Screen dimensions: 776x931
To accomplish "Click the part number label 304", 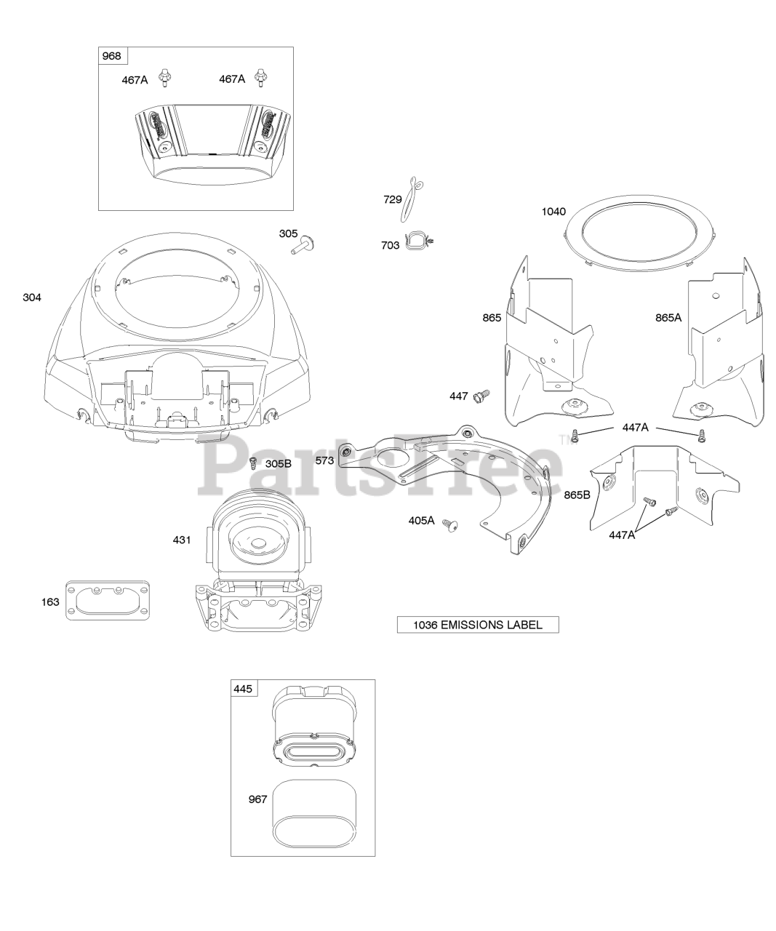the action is (32, 297).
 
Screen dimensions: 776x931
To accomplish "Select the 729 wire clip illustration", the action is (412, 199).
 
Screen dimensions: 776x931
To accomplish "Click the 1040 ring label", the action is (553, 212).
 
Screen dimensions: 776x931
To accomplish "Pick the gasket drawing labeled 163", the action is (108, 600).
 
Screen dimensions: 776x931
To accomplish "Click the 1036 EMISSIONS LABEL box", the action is (478, 625).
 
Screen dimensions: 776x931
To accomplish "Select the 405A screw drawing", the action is (450, 525).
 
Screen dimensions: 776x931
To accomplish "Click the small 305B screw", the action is (253, 463).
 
